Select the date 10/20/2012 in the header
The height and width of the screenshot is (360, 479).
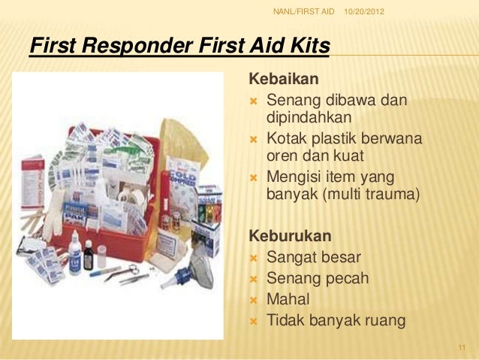click(363, 11)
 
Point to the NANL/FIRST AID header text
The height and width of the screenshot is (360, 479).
click(303, 11)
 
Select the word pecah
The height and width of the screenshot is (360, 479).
click(345, 279)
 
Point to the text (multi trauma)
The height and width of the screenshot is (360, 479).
click(379, 195)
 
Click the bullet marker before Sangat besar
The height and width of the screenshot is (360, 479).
click(253, 258)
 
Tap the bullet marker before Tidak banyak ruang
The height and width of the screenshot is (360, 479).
click(253, 321)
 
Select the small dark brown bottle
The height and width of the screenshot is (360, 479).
click(89, 256)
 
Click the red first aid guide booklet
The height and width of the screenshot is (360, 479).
click(32, 180)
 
